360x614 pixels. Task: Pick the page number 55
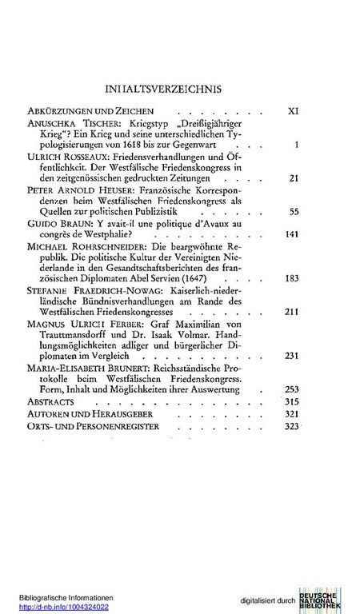coord(293,234)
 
